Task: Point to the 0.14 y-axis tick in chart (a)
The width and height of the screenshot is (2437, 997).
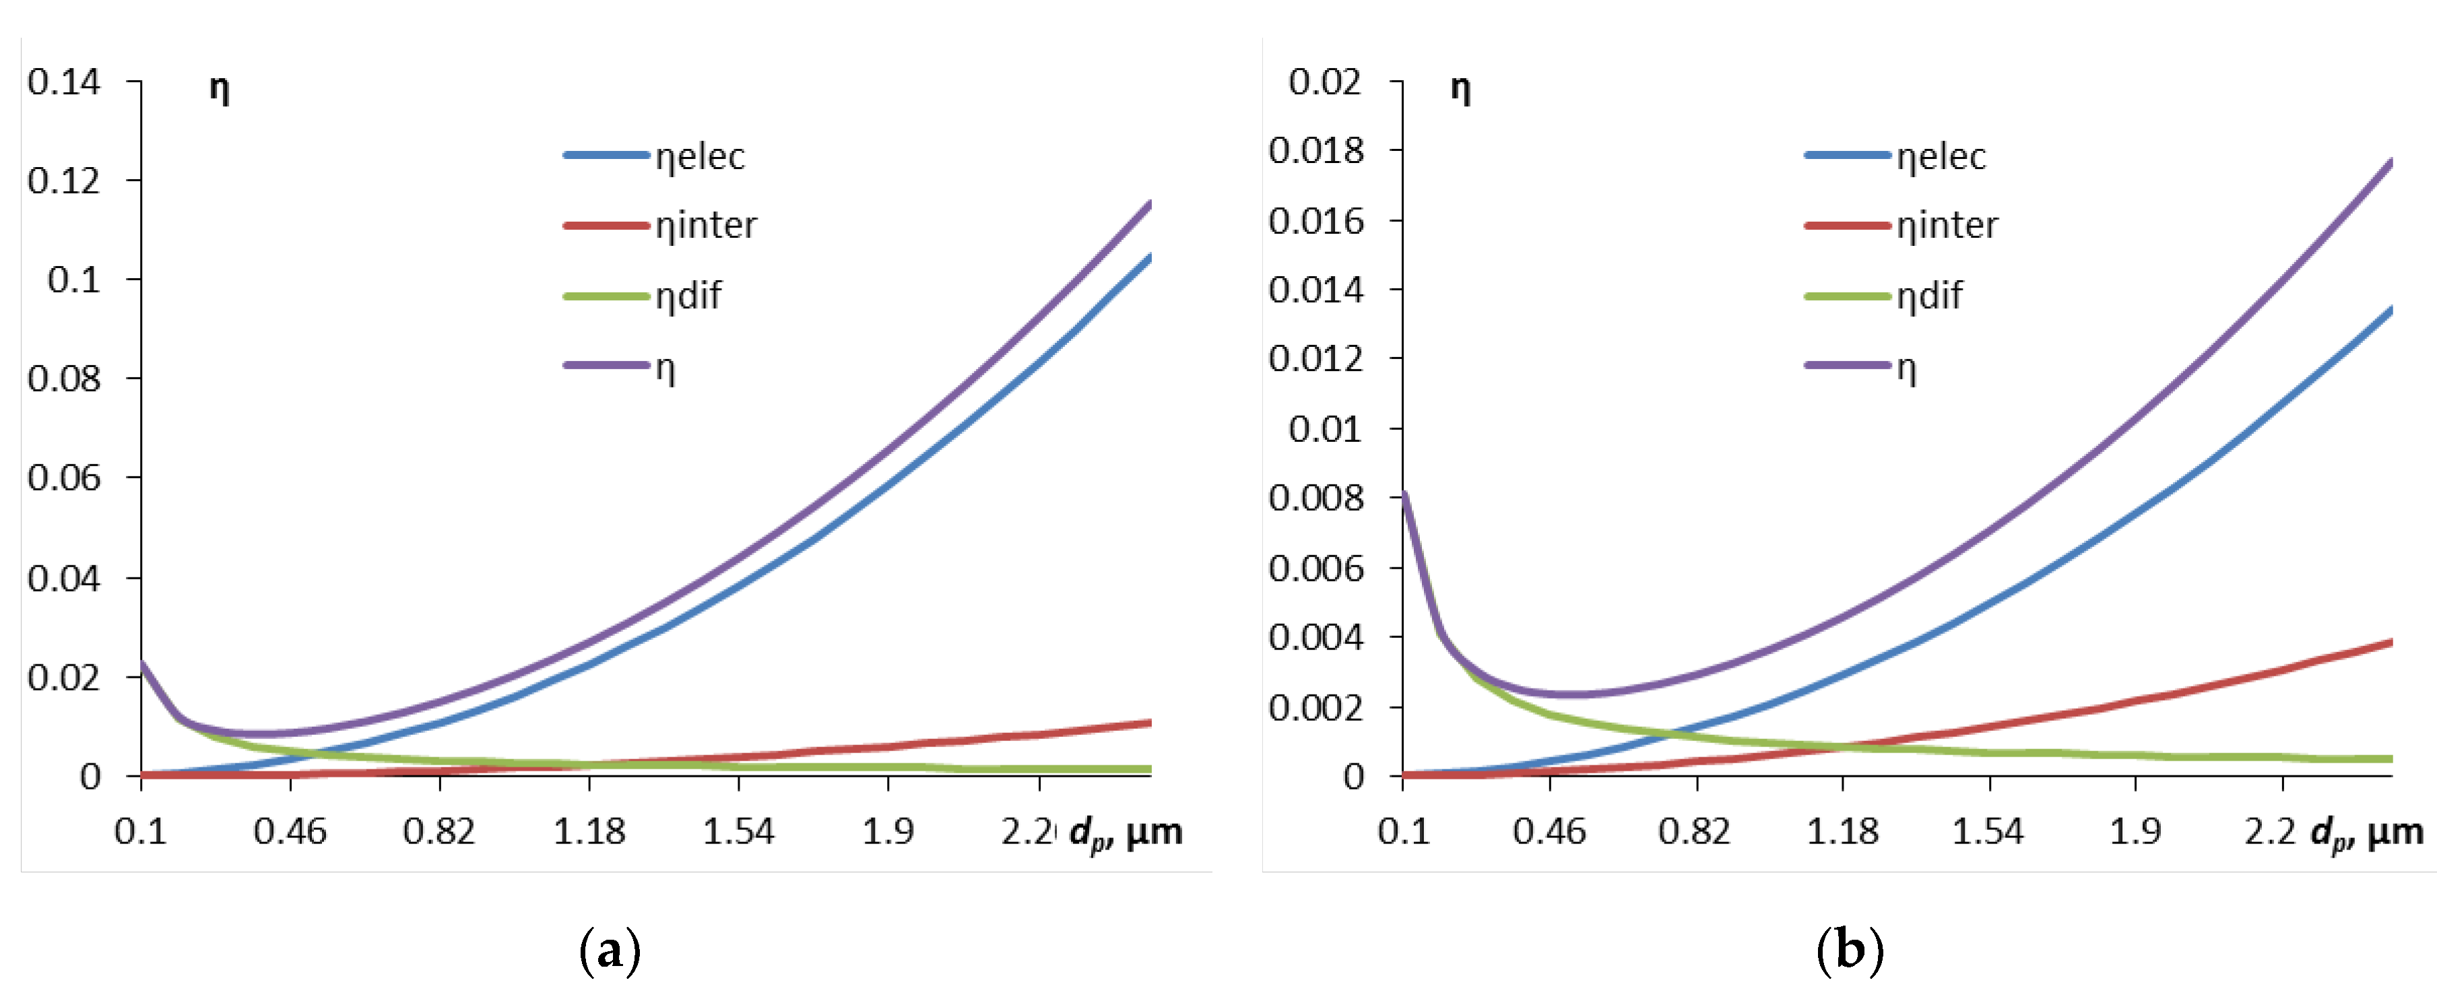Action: (63, 82)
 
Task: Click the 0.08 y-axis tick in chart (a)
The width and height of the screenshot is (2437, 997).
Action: (63, 379)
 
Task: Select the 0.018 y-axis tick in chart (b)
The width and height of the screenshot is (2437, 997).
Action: (1316, 150)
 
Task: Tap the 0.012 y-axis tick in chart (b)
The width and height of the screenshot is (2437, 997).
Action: (1316, 358)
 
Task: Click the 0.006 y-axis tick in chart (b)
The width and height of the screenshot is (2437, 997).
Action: (1316, 568)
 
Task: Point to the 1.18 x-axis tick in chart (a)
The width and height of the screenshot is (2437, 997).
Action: (589, 831)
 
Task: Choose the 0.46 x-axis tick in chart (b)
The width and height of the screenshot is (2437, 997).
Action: (1549, 831)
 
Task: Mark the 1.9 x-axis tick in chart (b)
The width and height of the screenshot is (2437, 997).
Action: (2135, 831)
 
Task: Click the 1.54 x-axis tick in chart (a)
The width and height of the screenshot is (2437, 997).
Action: (738, 831)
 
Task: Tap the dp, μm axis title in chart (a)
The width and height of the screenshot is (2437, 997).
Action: (1126, 833)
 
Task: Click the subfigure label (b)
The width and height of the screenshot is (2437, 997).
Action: (1850, 950)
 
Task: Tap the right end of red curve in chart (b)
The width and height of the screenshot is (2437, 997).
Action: (2390, 643)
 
